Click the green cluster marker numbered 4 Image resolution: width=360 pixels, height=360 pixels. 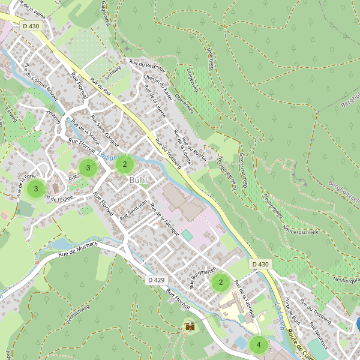pos(258,345)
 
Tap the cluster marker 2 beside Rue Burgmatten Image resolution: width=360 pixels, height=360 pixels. pos(221,282)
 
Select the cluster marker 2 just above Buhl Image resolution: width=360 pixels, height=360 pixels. pos(125,164)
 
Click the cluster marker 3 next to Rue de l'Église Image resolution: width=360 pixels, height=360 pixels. pos(36,189)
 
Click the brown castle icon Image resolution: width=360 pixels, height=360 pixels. pos(190,327)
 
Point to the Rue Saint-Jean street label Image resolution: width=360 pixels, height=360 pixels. pos(133,210)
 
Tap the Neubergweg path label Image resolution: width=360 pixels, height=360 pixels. pos(273,207)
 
